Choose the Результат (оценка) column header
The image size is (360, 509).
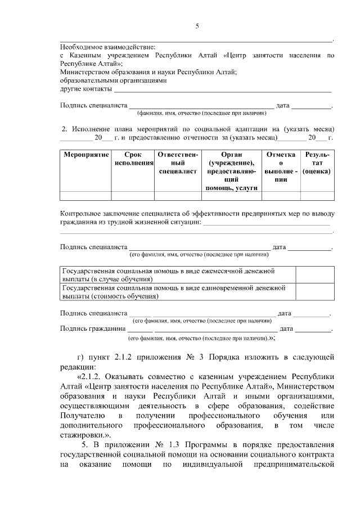(316, 163)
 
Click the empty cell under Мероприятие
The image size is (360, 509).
(85, 196)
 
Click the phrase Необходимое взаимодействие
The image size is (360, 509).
(108, 47)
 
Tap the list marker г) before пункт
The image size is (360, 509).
(80, 357)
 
